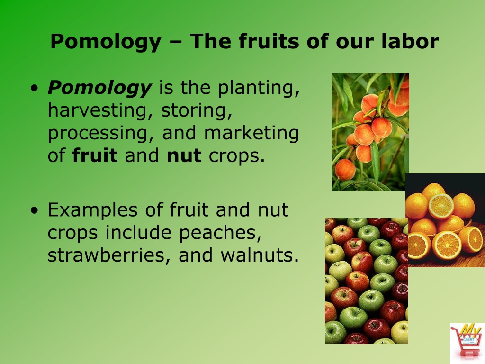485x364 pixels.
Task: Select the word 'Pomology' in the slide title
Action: click(x=106, y=43)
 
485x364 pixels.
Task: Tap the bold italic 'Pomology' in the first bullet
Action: click(x=99, y=88)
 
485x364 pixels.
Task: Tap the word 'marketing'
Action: click(x=251, y=134)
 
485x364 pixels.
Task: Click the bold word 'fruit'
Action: click(x=95, y=156)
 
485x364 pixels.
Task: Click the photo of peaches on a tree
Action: click(x=370, y=131)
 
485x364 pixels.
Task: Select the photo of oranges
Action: click(x=445, y=220)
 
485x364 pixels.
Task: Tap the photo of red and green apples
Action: click(x=366, y=281)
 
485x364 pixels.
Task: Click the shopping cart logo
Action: click(x=467, y=343)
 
